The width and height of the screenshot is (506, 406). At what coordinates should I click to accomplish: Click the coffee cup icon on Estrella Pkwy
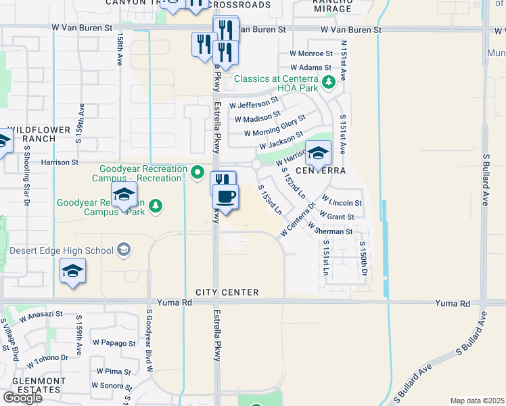coord(226,197)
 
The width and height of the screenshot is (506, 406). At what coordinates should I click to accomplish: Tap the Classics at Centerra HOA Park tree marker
coord(329,83)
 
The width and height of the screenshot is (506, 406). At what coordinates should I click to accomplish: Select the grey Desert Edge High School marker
coord(123,250)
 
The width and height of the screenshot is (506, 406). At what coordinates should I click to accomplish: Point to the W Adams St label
coord(310,68)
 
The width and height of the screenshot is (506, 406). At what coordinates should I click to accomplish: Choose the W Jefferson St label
coord(254,103)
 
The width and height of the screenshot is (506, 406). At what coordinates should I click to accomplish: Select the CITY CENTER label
coord(227,292)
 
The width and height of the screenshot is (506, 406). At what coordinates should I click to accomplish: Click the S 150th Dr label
coord(363,258)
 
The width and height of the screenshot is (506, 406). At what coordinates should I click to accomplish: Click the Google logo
coord(22,397)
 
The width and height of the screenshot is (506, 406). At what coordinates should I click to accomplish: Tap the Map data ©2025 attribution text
coord(477,401)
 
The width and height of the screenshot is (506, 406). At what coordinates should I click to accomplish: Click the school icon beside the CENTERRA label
coord(318,153)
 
